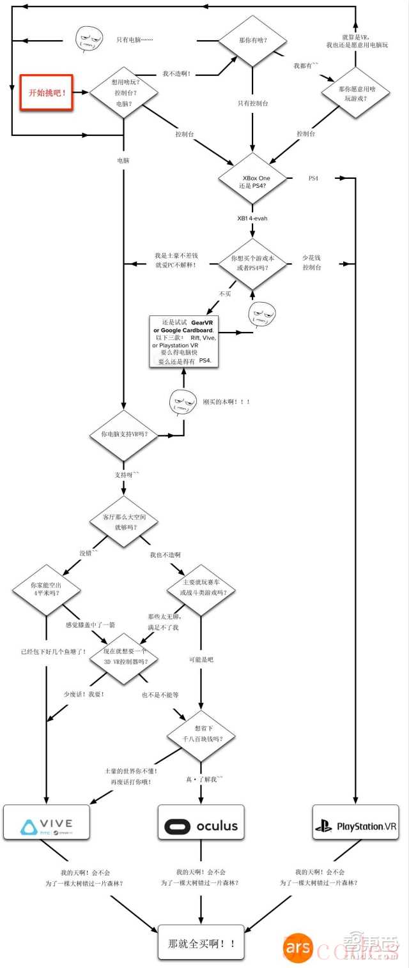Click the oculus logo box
coord(201,825)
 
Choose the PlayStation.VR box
coord(355,825)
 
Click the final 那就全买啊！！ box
coord(201,942)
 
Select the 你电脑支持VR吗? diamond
coord(122,434)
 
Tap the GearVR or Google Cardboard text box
coord(183,341)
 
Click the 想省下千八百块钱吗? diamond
coord(201,734)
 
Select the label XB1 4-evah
coord(252,218)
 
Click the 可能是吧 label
coord(201,659)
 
